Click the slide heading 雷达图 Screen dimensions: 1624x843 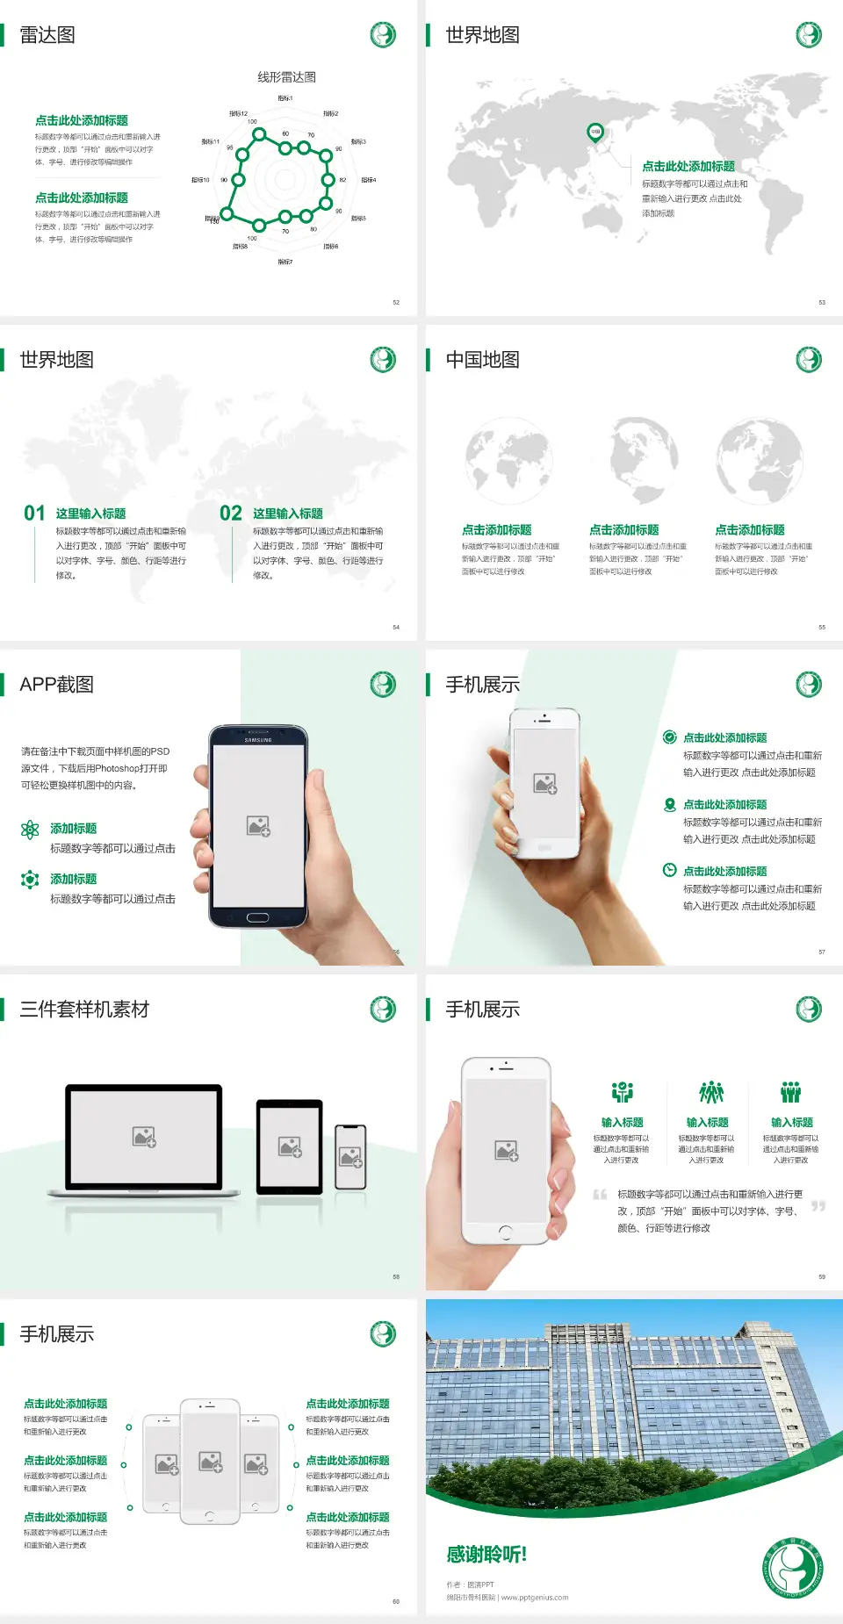tap(47, 35)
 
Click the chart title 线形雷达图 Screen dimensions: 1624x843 tap(286, 77)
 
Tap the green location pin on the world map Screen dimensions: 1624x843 tap(595, 133)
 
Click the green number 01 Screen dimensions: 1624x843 tap(34, 513)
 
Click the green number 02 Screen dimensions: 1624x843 tap(231, 513)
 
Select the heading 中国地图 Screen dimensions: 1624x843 tap(482, 360)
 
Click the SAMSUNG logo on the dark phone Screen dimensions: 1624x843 tap(258, 740)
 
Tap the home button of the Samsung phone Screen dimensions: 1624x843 tap(257, 917)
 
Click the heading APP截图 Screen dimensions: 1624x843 tap(56, 685)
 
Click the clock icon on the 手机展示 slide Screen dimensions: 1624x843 tap(669, 870)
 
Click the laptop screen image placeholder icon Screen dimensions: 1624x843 tap(144, 1137)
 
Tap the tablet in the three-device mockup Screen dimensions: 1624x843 tap(290, 1146)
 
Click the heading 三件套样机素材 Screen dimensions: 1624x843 tap(84, 1010)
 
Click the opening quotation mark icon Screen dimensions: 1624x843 tap(600, 1195)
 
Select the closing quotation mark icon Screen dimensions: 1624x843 tap(818, 1206)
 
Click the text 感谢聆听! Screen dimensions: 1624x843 tap(486, 1555)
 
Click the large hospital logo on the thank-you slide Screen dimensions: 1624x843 tap(792, 1568)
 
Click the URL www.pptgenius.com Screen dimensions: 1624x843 tap(535, 1598)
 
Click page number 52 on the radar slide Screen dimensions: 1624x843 tap(396, 303)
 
